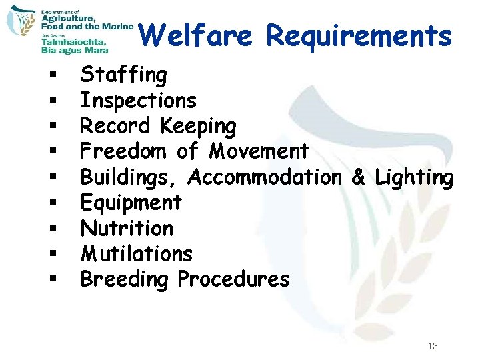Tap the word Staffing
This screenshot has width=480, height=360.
[x=123, y=75]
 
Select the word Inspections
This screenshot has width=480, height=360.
[x=138, y=101]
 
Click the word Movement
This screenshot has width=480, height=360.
[x=259, y=151]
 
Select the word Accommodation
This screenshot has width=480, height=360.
[x=264, y=177]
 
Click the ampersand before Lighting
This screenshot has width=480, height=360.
[x=358, y=177]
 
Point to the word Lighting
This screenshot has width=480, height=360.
[x=414, y=177]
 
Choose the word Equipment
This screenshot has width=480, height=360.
[x=131, y=203]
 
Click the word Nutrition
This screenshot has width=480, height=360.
[x=127, y=228]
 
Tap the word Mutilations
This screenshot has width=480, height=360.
[x=136, y=253]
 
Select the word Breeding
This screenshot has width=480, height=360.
[x=125, y=279]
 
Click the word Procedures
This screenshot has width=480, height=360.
[x=233, y=279]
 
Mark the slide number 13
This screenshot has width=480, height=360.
[x=433, y=346]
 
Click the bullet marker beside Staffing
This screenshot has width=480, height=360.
[x=51, y=76]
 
